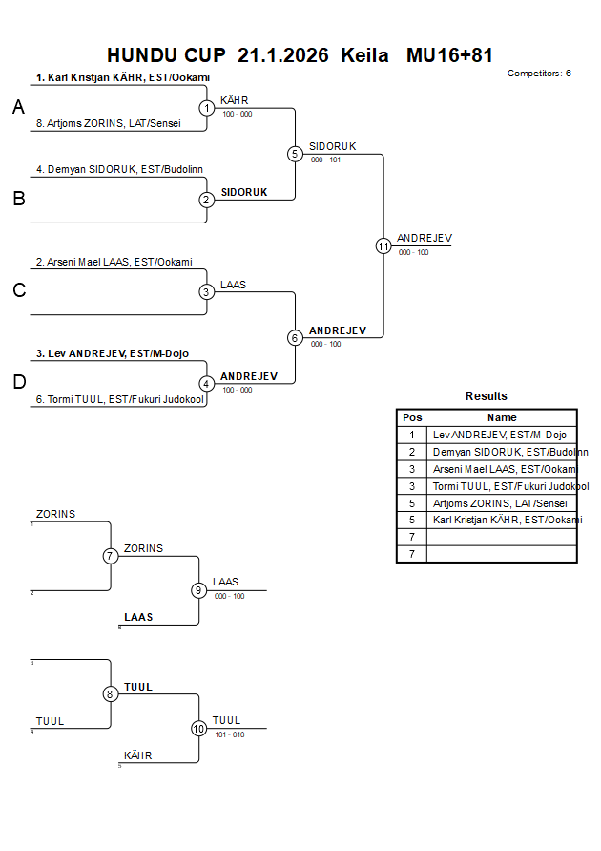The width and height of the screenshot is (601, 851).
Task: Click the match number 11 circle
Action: click(383, 245)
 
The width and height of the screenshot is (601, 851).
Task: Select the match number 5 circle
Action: click(295, 154)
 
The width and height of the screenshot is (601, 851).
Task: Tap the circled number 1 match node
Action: click(207, 108)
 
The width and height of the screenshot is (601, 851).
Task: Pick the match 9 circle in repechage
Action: click(199, 590)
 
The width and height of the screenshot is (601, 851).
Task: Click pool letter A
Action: click(18, 108)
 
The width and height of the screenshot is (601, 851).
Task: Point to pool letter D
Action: click(18, 383)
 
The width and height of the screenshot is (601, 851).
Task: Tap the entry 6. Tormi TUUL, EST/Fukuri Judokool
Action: click(120, 399)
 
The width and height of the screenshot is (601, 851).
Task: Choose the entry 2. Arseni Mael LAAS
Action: click(114, 262)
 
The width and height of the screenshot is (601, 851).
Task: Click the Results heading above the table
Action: click(487, 395)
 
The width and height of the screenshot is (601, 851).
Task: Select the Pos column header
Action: click(412, 417)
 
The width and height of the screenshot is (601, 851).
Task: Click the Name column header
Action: click(502, 417)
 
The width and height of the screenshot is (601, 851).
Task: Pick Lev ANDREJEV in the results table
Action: click(500, 435)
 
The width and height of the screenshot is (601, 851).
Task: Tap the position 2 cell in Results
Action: click(412, 452)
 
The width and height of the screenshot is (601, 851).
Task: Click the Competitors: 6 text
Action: click(540, 73)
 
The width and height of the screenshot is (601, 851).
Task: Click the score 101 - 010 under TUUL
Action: click(229, 734)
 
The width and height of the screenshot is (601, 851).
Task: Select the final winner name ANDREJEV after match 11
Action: click(425, 238)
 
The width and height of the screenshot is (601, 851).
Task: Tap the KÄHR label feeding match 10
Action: click(138, 755)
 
